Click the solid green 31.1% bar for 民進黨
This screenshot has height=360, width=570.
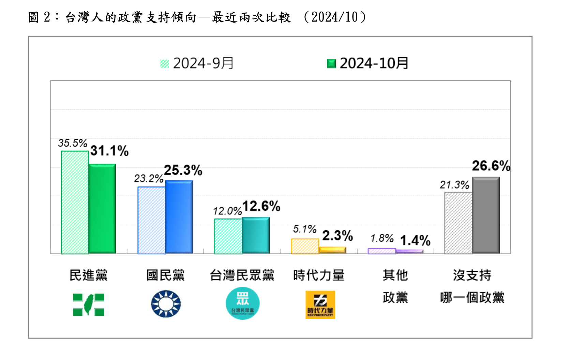[x=102, y=209]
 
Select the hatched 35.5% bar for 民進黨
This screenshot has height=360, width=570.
[x=75, y=202]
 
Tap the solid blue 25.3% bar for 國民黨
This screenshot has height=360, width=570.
[x=179, y=217]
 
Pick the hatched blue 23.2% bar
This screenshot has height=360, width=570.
[x=151, y=220]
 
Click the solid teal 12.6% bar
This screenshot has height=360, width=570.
[x=256, y=235]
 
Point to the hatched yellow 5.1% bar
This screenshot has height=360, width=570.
[x=305, y=246]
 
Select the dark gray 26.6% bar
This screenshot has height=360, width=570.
[x=486, y=215]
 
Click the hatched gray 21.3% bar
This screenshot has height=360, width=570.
[x=458, y=223]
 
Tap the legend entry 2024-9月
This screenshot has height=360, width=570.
[x=197, y=63]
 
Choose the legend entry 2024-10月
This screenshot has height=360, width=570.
[x=368, y=63]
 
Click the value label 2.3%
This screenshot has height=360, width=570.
[x=337, y=236]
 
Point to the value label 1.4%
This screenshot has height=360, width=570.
[x=415, y=240]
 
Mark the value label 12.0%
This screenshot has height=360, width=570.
[x=227, y=211]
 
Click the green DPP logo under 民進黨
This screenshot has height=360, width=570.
[x=88, y=304]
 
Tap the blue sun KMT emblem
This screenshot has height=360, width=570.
[x=166, y=304]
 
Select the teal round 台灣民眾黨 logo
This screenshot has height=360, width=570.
[x=242, y=303]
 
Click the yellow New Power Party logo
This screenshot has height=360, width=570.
[x=320, y=305]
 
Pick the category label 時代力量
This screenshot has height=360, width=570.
[x=319, y=275]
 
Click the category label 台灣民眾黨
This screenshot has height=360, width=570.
[x=242, y=275]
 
